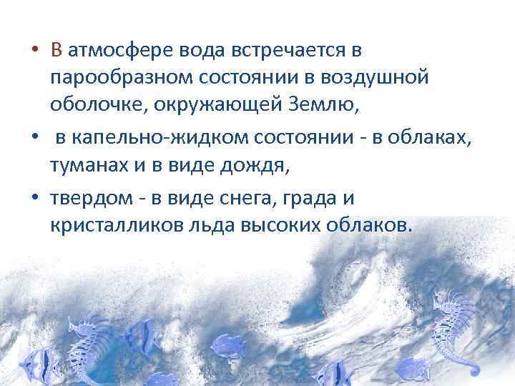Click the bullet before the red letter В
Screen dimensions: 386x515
point(34,51)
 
